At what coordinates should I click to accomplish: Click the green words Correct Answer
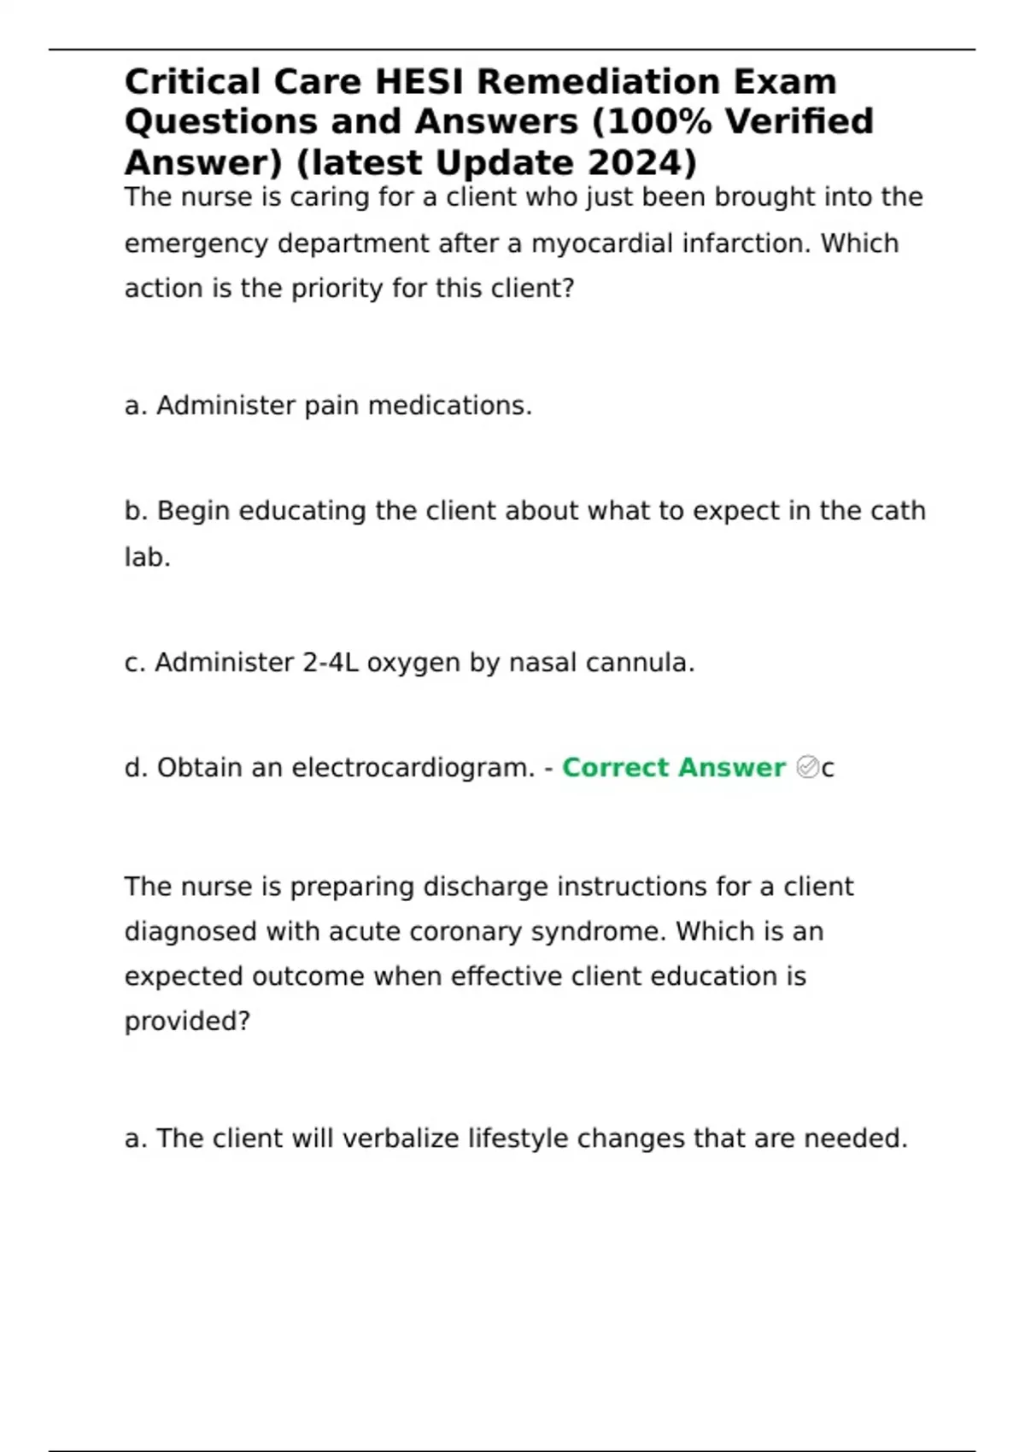coord(673,768)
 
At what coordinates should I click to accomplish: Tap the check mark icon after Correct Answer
coord(806,768)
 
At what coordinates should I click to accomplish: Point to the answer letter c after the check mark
coord(828,769)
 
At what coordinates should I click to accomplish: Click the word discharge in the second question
coord(485,887)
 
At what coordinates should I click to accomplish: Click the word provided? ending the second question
coord(187,1022)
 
